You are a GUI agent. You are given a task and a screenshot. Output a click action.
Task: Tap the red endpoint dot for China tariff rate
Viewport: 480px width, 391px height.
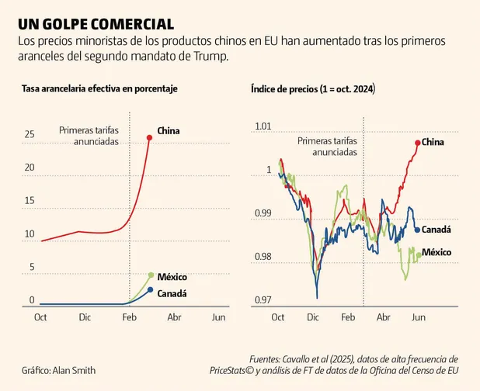150,138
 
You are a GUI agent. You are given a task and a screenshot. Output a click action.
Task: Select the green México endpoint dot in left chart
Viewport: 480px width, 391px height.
151,275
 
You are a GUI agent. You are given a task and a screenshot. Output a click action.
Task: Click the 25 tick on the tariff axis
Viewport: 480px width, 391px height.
30,135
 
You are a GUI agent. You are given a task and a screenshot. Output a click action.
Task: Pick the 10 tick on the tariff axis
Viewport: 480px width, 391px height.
30,234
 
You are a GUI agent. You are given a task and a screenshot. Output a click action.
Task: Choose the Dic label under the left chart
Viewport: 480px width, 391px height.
85,317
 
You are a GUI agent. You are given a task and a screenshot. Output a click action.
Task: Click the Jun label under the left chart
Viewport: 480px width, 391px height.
219,317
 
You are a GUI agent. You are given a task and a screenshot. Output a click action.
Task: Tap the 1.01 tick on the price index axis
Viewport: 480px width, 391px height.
263,126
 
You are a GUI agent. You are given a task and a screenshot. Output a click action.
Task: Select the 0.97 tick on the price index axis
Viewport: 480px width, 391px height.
263,300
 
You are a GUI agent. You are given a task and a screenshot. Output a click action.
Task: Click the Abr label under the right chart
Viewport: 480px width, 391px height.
383,317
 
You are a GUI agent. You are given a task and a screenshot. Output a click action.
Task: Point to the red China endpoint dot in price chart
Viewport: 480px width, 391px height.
418,143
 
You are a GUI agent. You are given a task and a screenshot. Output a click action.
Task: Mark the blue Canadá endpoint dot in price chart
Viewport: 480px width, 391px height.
417,230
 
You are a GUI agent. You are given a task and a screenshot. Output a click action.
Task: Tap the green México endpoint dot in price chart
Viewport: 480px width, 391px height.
419,254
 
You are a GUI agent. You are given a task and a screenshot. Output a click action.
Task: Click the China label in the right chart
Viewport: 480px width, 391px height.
433,143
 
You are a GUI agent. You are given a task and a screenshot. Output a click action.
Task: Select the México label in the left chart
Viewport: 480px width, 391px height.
172,277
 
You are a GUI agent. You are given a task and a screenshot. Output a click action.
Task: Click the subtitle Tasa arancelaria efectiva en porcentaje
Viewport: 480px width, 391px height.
99,89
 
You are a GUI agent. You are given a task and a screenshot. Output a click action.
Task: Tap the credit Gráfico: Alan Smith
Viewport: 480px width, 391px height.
59,371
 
